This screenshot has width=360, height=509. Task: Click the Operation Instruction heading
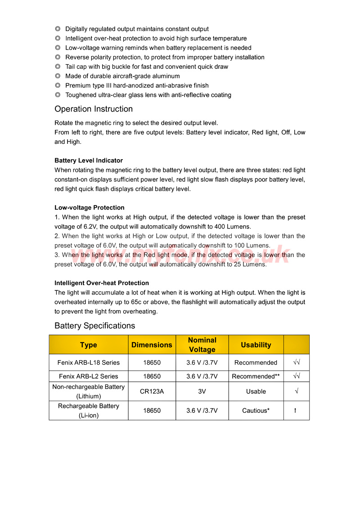tap(94, 109)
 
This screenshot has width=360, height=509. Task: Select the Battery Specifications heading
tap(94, 326)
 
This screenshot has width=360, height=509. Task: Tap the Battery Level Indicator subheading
tap(89, 161)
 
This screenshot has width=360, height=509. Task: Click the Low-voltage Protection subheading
tap(90, 208)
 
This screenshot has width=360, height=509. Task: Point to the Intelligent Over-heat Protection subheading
tap(102, 283)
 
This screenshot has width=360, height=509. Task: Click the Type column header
tap(89, 345)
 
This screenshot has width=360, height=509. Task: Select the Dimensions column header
tap(152, 345)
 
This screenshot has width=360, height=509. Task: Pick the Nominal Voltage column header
tap(202, 345)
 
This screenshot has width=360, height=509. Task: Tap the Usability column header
tap(256, 345)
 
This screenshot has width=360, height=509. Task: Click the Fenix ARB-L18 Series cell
tap(89, 362)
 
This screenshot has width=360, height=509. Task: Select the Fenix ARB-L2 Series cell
tap(89, 376)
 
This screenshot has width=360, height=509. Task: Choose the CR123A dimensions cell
tap(152, 392)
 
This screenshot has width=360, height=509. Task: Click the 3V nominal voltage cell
tap(202, 392)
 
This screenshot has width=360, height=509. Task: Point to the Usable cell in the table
tap(256, 392)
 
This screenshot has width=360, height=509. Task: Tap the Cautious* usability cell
tap(256, 411)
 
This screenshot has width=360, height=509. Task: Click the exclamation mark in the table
tap(295, 411)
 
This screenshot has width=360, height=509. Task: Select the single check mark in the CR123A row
tap(297, 392)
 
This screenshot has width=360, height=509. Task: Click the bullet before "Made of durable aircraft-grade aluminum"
tap(58, 76)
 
